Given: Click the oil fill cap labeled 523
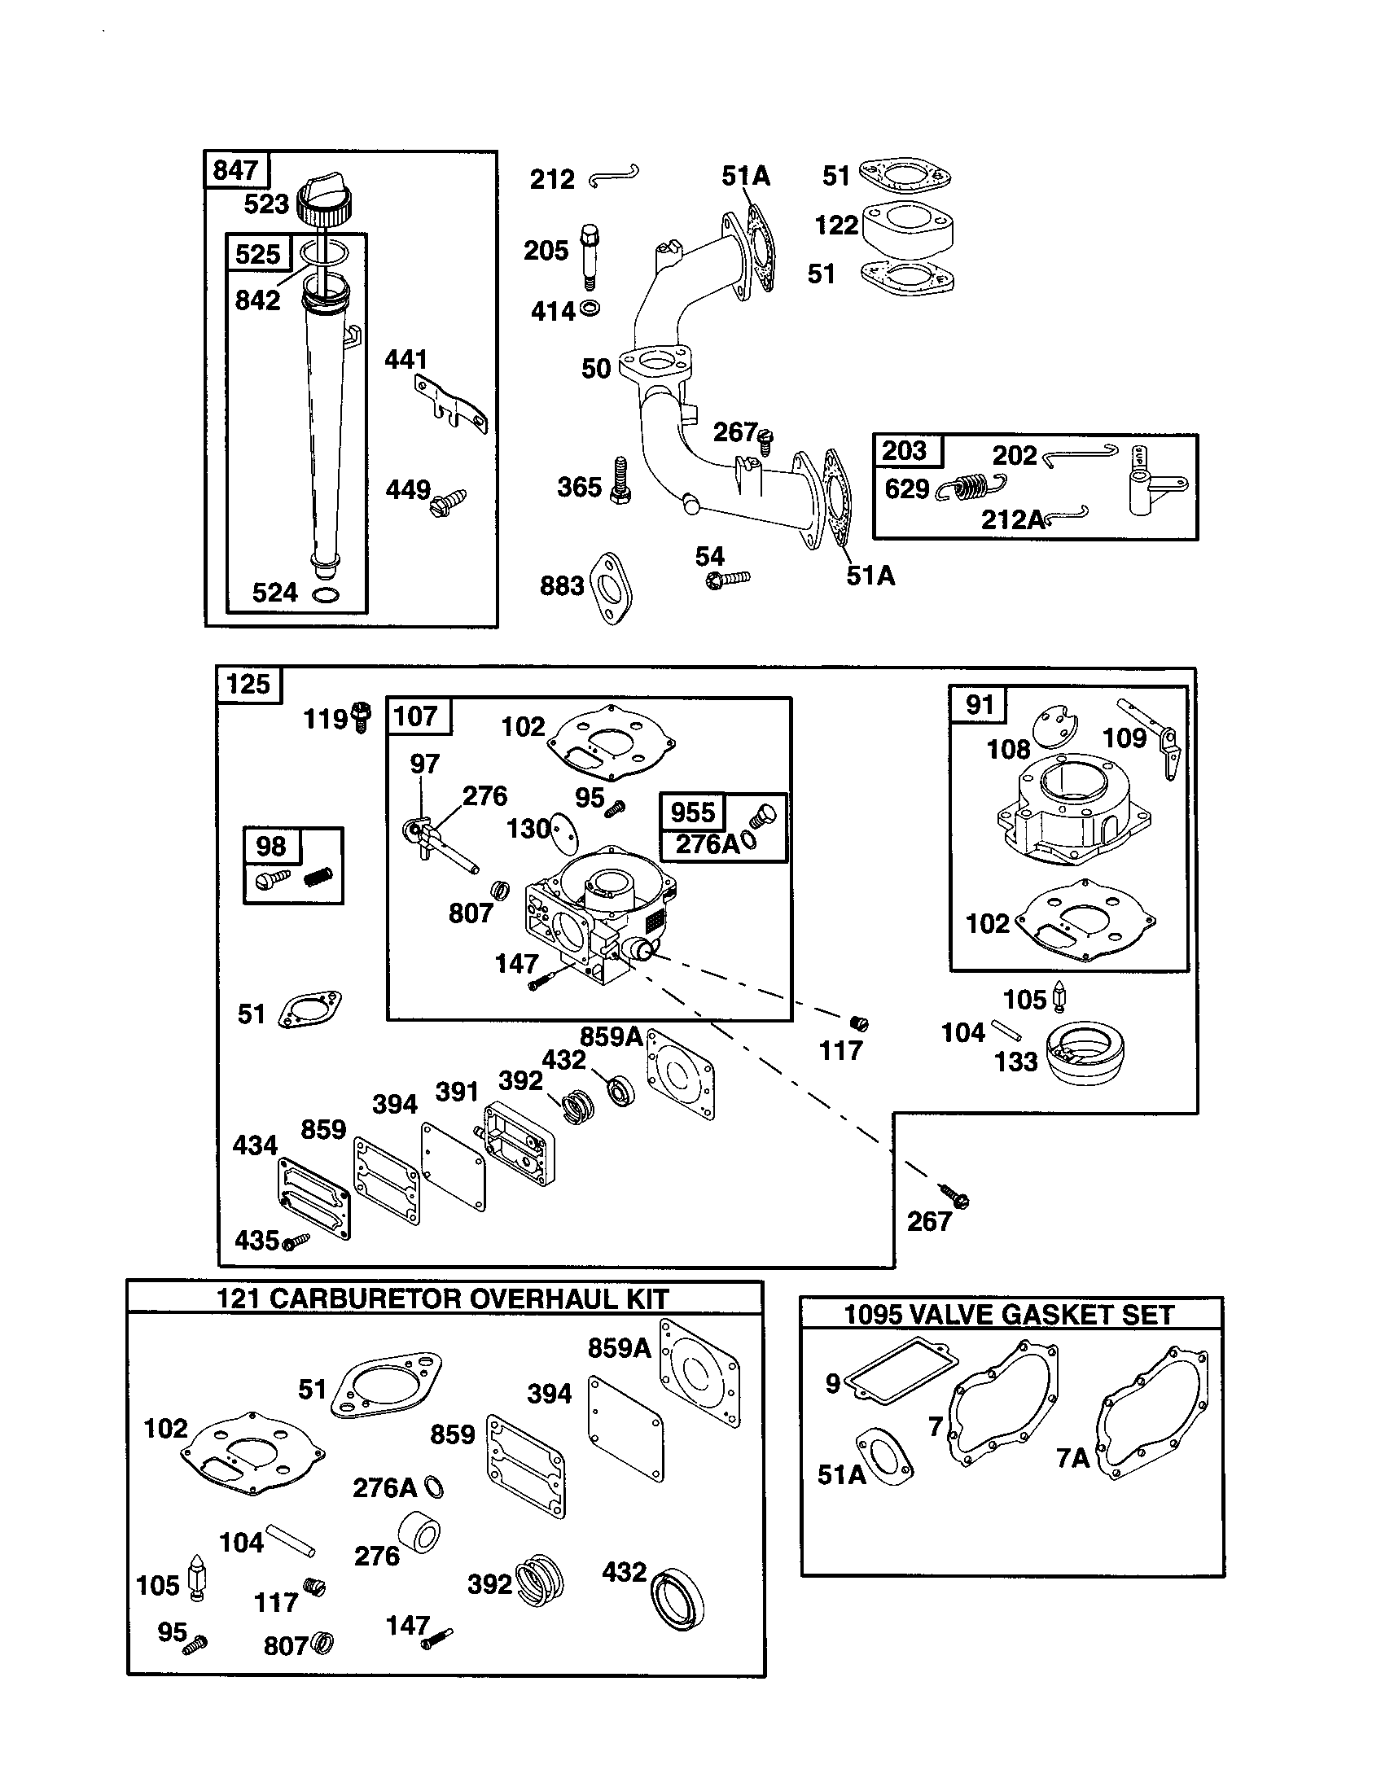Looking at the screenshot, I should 325,202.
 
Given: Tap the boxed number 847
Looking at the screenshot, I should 235,170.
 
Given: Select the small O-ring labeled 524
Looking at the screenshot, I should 327,594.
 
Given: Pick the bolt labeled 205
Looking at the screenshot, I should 588,254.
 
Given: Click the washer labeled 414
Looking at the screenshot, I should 589,309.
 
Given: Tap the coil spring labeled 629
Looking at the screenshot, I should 973,487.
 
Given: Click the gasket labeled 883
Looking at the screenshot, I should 610,587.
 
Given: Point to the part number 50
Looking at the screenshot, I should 596,369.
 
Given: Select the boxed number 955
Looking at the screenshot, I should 692,812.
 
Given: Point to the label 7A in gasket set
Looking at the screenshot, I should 1072,1457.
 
